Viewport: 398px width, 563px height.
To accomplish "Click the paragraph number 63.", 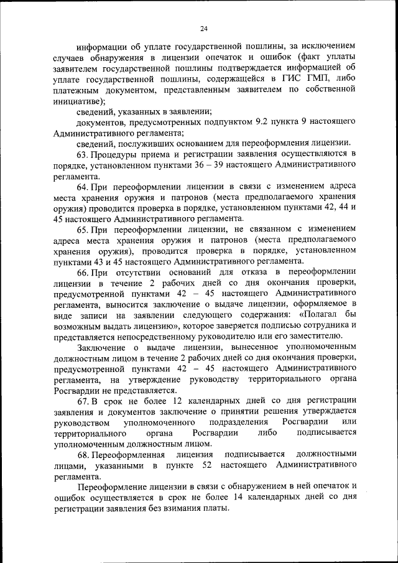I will (x=83, y=154).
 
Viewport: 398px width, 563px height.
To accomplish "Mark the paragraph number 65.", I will (x=83, y=229).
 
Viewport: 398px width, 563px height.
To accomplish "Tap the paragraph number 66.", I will (x=83, y=272).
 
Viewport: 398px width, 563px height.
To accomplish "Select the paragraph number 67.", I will (x=83, y=400).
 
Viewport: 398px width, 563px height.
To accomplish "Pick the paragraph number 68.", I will (x=83, y=455).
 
